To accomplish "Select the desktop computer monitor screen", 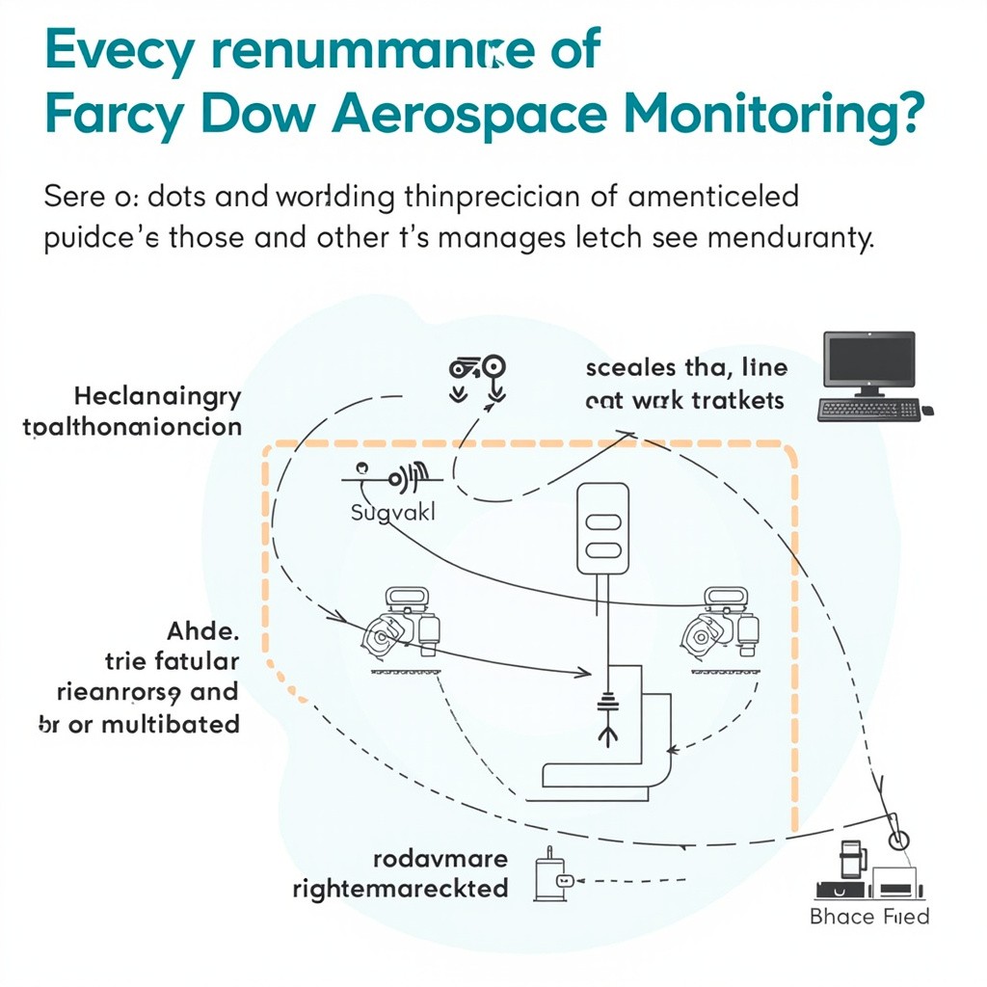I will (868, 360).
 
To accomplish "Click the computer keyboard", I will (867, 409).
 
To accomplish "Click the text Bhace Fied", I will (869, 916).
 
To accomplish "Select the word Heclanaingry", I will (157, 397).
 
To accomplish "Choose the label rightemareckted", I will (400, 887).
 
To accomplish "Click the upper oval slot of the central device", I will (602, 521).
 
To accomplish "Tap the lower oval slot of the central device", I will (602, 549).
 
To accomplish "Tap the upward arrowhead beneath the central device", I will (607, 735).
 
